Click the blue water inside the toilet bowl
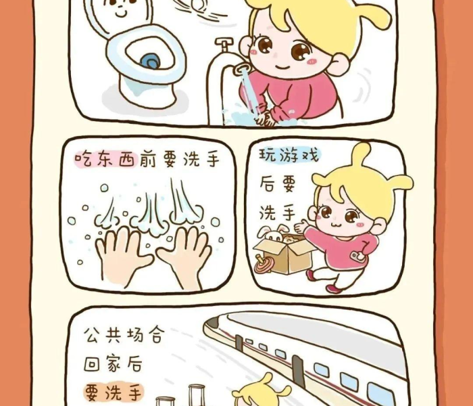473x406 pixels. tap(150, 61)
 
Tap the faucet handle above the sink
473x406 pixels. tap(224, 42)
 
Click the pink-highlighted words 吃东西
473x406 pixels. tap(106, 158)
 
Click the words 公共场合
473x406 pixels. tap(125, 334)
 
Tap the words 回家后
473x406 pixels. tap(113, 363)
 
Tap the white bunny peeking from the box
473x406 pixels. tap(272, 233)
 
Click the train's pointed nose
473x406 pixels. tap(214, 324)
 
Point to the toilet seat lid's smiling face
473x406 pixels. tap(120, 7)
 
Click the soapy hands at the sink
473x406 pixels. tap(265, 116)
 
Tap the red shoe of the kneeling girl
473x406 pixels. tap(334, 288)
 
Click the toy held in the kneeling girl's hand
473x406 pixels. tap(357, 256)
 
